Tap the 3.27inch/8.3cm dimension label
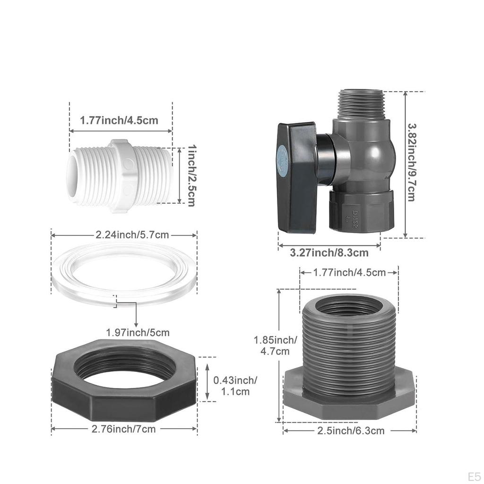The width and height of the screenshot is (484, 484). tap(329, 253)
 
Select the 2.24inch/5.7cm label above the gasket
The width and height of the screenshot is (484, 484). tap(132, 235)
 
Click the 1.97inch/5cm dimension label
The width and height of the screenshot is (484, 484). tap(138, 332)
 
